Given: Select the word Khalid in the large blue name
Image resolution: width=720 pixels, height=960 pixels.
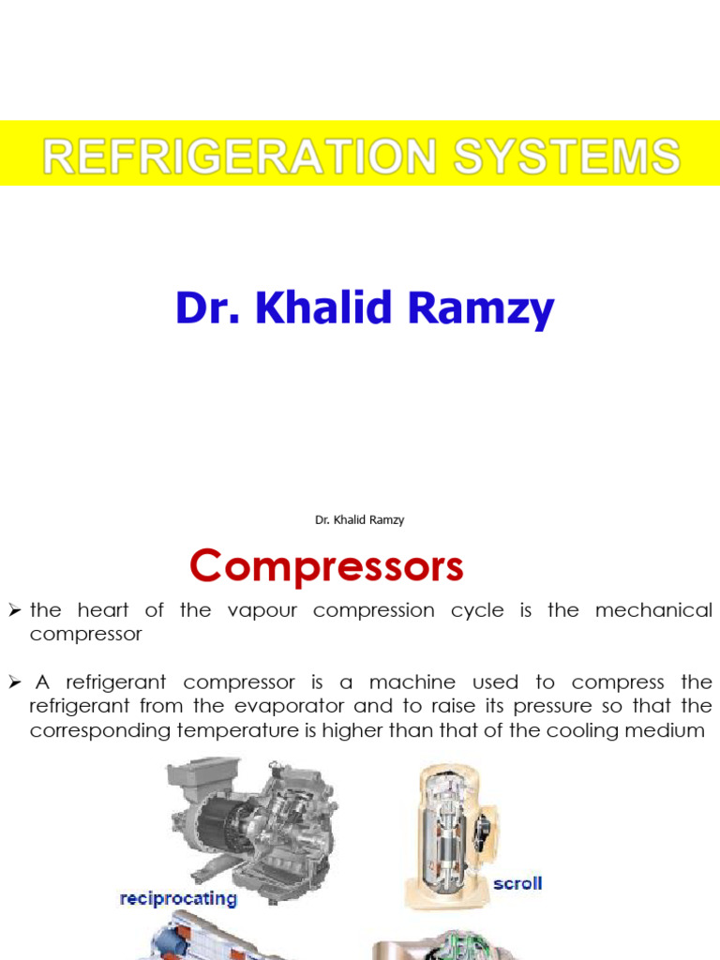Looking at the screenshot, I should pos(322,309).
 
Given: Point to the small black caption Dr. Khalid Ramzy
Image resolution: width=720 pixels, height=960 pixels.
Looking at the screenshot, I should pos(360,519).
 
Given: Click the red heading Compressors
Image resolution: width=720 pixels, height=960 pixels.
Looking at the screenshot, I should pos(326,566).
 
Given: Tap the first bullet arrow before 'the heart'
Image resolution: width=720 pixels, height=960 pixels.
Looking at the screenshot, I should pos(14,611).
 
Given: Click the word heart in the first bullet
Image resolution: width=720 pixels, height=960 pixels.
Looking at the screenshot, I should pos(103,610).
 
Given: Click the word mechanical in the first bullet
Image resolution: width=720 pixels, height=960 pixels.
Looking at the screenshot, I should pos(652,610).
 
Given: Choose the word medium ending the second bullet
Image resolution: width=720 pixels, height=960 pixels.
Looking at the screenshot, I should pos(667,729).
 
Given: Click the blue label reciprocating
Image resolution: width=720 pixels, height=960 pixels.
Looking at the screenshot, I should pos(178,899).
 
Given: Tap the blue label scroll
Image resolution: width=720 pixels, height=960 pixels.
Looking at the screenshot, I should pos(517,883).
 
